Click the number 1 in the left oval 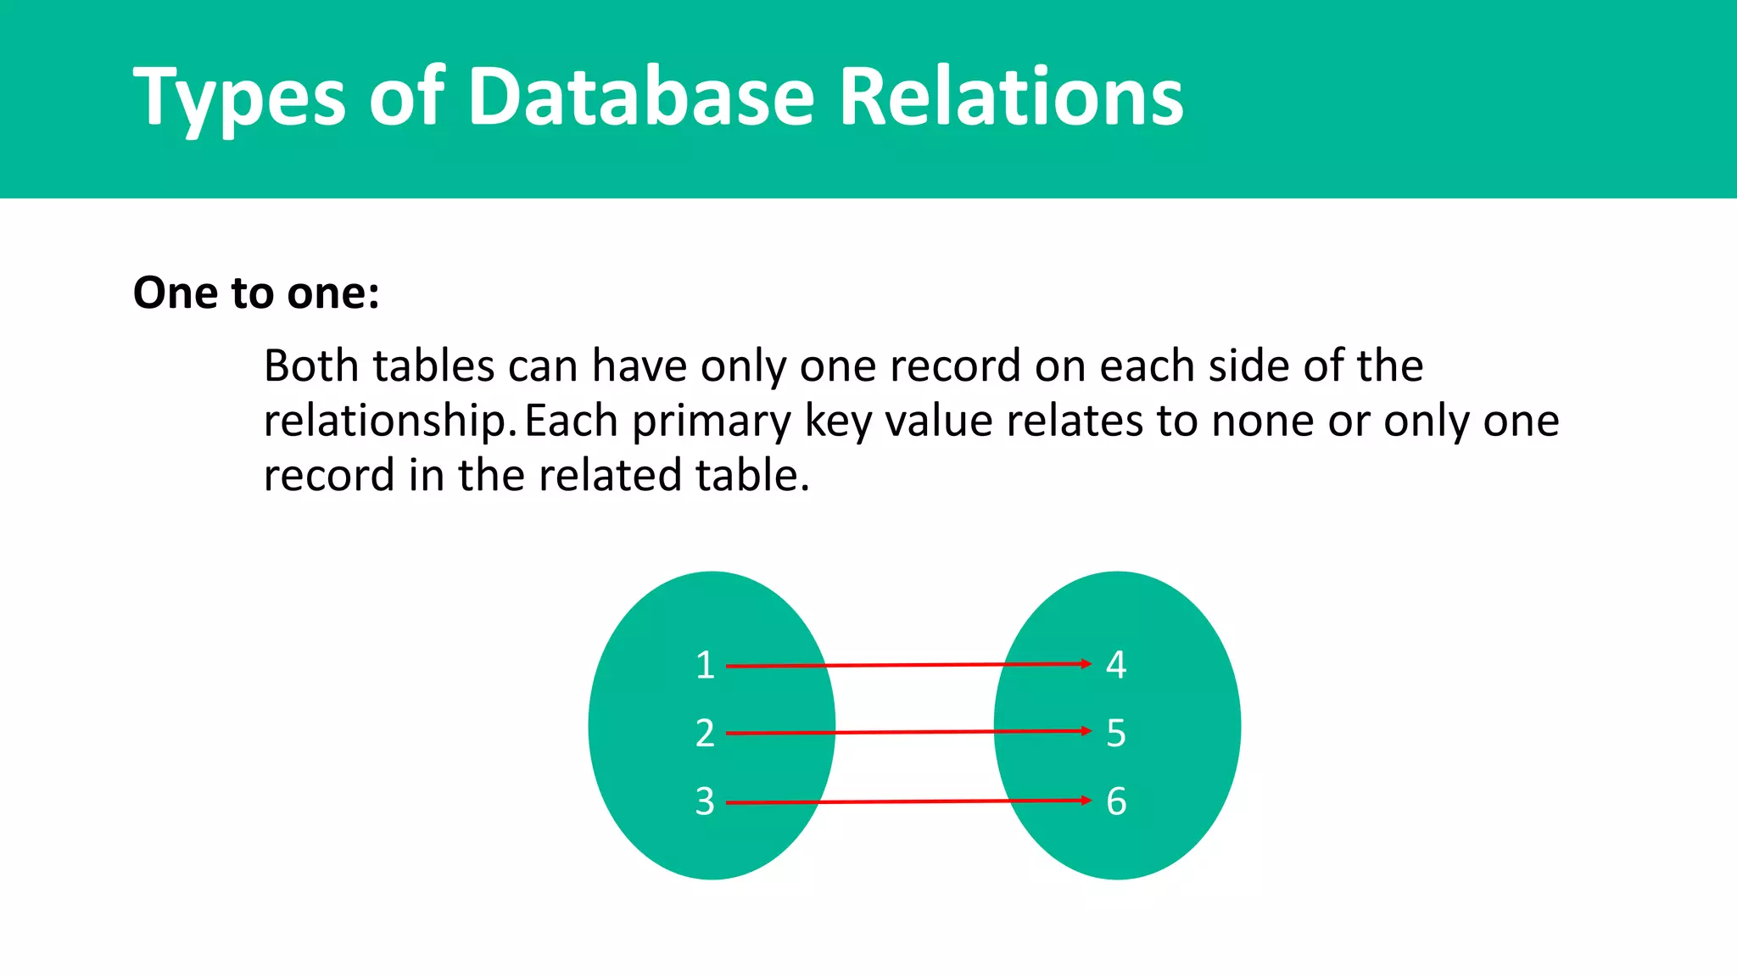(705, 666)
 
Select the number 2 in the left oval (705, 734)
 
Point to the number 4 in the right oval (1116, 665)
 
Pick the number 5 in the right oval (1116, 734)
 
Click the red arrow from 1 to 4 (908, 665)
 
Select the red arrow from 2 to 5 (908, 732)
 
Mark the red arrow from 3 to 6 (908, 801)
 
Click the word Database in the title (641, 98)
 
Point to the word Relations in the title (1011, 98)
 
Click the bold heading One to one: (256, 293)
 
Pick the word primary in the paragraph (711, 422)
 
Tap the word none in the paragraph (1262, 422)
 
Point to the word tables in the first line (433, 366)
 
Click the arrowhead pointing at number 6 (1086, 801)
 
